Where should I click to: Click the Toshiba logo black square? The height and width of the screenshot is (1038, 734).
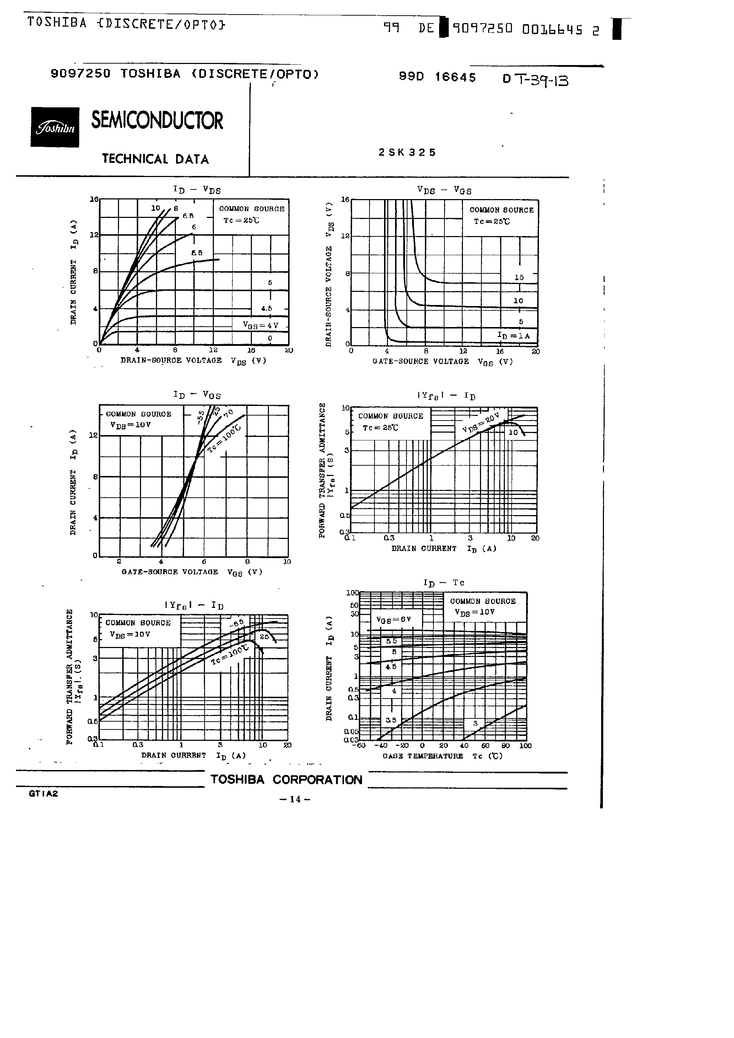coord(55,127)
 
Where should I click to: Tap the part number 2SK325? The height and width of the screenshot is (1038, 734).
coord(407,153)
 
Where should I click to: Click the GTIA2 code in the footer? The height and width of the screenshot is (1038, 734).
coord(43,793)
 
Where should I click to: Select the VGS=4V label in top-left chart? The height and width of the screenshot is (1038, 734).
coord(261,325)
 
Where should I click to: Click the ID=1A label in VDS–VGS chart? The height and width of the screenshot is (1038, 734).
coord(513,336)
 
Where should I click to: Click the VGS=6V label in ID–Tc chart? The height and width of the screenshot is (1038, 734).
coord(394,619)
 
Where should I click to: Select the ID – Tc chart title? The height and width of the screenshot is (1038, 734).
coord(443,583)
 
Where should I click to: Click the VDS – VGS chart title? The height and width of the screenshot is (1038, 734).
coord(444,190)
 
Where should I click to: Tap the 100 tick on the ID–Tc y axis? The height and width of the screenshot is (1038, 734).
coord(352,593)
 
